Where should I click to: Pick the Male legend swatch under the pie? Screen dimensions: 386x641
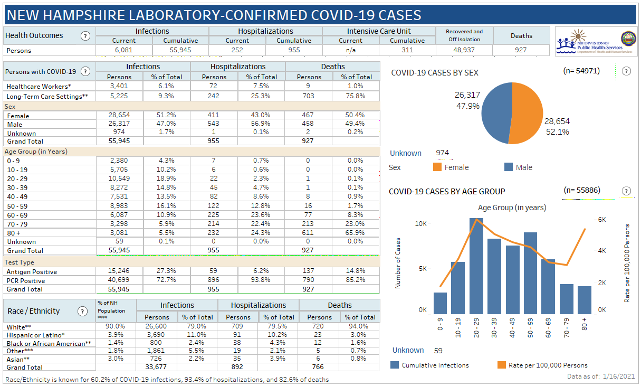(509, 167)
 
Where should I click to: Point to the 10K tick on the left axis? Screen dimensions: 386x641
(420, 224)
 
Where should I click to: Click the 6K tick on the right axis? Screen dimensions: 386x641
(601, 219)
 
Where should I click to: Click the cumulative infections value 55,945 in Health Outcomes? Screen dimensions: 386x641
(180, 50)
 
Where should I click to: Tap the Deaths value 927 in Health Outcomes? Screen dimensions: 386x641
(521, 50)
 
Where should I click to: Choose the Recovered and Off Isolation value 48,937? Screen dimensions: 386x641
(464, 50)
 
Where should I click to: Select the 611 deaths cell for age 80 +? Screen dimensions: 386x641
(308, 232)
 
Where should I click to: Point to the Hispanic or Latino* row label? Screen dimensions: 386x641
(35, 335)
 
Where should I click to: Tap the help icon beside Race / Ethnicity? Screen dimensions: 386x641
(82, 311)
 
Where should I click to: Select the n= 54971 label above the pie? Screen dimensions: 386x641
(581, 70)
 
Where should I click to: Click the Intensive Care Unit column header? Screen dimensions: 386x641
(379, 31)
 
